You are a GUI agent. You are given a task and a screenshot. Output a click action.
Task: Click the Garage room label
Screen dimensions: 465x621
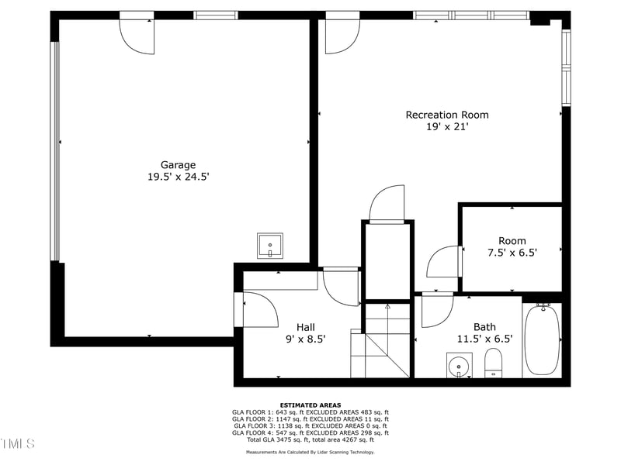click(178, 164)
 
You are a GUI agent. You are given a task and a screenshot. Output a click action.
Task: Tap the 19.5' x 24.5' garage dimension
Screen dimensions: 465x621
click(178, 177)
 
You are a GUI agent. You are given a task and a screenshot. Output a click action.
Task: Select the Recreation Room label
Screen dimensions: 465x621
click(447, 115)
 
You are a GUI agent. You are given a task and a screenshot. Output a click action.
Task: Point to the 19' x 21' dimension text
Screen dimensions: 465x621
click(447, 127)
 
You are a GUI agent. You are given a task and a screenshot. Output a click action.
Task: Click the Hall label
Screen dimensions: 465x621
click(305, 326)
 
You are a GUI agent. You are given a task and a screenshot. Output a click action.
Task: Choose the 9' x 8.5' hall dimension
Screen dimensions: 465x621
click(305, 339)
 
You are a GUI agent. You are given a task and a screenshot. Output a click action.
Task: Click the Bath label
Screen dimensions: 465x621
click(484, 326)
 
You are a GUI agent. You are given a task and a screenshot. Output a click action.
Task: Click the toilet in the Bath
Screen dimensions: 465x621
click(494, 363)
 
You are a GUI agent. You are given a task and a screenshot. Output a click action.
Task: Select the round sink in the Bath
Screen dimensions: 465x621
click(460, 364)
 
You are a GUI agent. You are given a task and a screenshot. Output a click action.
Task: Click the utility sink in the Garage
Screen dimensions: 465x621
click(270, 246)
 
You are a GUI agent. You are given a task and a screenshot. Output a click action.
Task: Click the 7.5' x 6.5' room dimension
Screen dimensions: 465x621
click(512, 252)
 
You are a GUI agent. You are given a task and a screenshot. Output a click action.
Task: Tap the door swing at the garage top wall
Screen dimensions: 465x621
click(137, 35)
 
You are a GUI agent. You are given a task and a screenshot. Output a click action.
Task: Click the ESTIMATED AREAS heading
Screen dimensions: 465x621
click(310, 405)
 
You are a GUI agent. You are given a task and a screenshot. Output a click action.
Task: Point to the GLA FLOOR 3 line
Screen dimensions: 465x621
click(310, 426)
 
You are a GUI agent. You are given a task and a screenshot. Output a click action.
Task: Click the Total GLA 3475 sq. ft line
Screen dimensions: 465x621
click(310, 440)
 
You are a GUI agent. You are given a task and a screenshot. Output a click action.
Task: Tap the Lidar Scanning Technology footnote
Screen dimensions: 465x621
click(310, 452)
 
